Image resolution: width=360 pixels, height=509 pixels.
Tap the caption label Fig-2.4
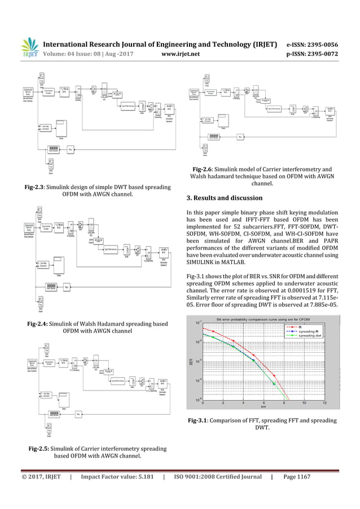(47, 323)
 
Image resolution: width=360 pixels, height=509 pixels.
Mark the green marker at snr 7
(274, 384)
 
